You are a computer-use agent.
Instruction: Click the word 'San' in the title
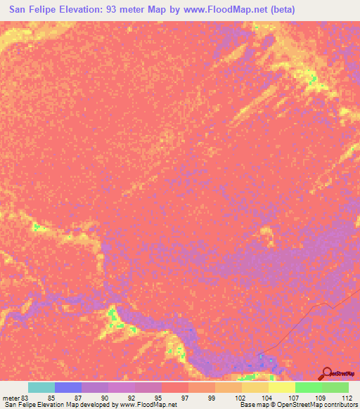(x=20, y=9)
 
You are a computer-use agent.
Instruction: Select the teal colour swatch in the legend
(x=41, y=387)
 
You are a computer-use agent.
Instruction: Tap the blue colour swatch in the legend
(x=68, y=387)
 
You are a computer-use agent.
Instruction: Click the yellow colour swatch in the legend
(x=282, y=387)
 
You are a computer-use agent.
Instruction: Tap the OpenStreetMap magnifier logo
(x=326, y=374)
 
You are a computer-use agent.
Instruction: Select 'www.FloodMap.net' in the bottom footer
(x=148, y=405)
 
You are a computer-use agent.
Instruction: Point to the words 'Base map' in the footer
(x=254, y=405)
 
